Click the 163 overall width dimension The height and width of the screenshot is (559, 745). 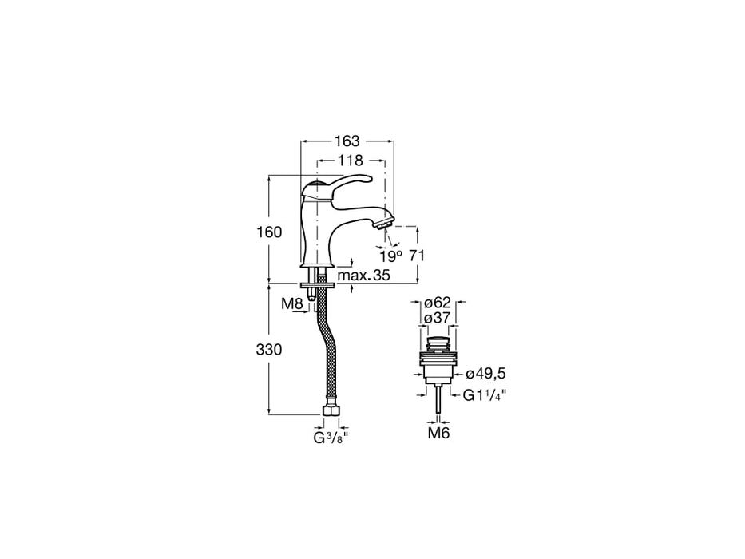[x=347, y=140]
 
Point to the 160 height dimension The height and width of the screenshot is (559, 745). [x=270, y=232]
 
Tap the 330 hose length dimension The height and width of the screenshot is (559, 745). [x=270, y=350]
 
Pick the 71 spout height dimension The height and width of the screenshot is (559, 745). [x=415, y=256]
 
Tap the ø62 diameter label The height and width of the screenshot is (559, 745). [x=438, y=303]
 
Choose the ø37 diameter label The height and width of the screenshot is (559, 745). [x=438, y=318]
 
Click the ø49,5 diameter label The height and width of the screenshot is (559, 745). [x=485, y=373]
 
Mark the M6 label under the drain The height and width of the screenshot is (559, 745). [x=439, y=434]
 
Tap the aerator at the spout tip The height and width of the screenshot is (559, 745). [x=385, y=220]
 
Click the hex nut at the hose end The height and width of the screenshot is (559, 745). [x=331, y=413]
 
